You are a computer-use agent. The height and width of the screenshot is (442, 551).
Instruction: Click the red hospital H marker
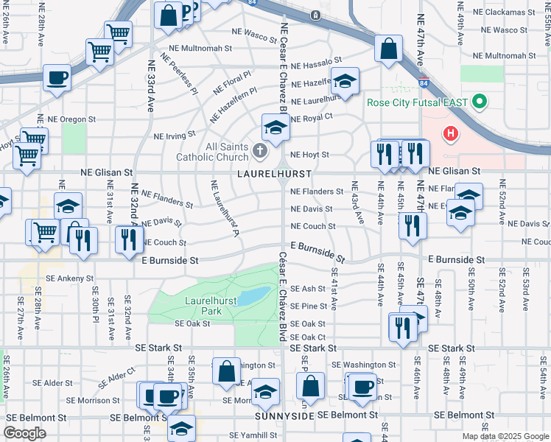coord(449,134)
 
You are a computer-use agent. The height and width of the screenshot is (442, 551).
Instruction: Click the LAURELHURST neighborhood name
coord(274,173)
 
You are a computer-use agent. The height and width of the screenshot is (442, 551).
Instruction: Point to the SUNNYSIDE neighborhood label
coord(284,416)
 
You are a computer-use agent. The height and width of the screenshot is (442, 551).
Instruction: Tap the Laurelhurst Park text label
coord(203,306)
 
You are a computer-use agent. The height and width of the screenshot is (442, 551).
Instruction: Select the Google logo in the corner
coord(24,433)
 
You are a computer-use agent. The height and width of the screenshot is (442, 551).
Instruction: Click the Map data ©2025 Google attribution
coord(505,436)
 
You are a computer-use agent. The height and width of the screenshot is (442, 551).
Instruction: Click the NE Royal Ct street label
coord(312,116)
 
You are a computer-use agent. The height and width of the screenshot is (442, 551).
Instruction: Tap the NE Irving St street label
coord(174,136)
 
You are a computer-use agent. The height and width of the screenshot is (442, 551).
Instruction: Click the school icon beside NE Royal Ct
coord(275,127)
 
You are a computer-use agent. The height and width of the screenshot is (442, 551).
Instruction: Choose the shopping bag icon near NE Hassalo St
coord(388,49)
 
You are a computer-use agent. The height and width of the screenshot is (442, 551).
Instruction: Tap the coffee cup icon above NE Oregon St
coord(57,77)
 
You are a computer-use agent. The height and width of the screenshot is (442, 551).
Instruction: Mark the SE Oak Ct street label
coord(308,337)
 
